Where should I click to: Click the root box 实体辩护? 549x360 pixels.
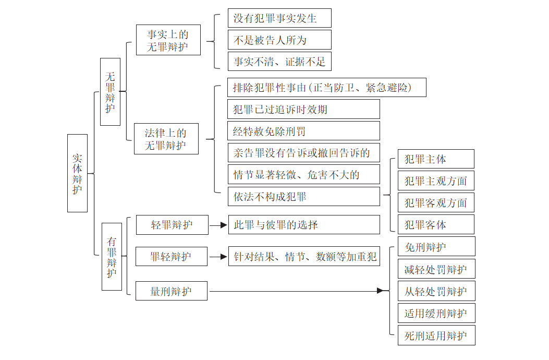(77, 173)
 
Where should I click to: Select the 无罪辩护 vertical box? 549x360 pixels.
(110, 91)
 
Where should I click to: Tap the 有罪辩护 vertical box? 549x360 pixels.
(112, 256)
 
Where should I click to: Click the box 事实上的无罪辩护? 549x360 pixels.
(167, 40)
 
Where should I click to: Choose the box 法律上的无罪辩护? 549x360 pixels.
(166, 139)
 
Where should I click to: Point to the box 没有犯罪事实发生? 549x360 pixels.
(279, 18)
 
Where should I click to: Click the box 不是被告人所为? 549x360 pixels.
(279, 40)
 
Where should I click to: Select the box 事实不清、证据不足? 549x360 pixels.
(279, 61)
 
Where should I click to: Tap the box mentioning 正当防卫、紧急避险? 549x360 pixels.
(327, 88)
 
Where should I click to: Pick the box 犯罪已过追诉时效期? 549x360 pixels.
(303, 109)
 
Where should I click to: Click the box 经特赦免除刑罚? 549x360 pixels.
(303, 131)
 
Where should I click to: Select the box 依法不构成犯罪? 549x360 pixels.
(303, 197)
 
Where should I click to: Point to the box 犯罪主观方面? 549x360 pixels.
(436, 181)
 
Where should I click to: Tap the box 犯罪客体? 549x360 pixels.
(436, 225)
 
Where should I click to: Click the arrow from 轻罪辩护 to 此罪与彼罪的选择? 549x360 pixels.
(218, 225)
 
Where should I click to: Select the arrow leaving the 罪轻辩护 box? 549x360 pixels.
(218, 257)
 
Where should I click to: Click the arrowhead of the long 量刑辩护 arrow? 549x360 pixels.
(381, 291)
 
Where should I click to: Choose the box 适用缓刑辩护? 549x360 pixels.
(436, 313)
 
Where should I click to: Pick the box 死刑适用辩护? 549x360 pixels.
(436, 335)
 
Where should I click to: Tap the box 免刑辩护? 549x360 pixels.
(436, 247)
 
